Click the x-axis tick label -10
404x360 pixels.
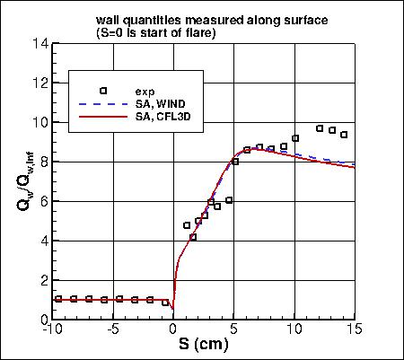click(52, 329)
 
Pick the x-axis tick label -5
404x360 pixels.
click(113, 329)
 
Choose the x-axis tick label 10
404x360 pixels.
click(294, 329)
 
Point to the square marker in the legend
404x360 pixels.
click(103, 91)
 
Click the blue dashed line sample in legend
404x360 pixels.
click(103, 104)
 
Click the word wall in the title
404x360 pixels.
click(107, 20)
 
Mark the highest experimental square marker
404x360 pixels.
click(320, 128)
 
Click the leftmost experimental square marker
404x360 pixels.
click(58, 299)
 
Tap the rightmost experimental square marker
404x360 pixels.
click(344, 135)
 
